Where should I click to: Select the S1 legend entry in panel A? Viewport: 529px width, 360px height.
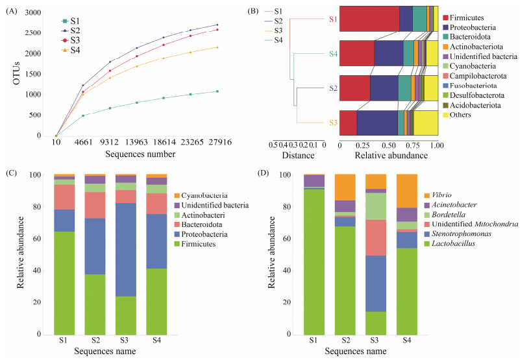[x=71, y=20]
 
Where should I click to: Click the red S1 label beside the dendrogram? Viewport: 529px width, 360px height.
[x=333, y=19]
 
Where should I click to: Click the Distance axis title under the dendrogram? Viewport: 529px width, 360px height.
[x=299, y=156]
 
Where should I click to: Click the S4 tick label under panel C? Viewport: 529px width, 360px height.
[x=157, y=341]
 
